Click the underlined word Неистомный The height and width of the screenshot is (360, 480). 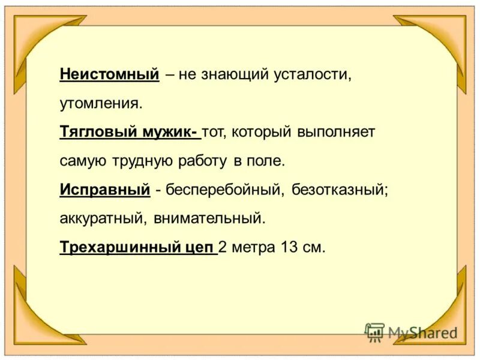point(109,74)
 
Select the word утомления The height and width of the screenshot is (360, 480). point(101,103)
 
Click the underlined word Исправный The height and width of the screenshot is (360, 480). point(104,190)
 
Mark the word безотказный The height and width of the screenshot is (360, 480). point(340,190)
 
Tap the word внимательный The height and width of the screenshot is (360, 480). point(209,218)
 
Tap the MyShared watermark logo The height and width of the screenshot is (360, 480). point(412,332)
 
